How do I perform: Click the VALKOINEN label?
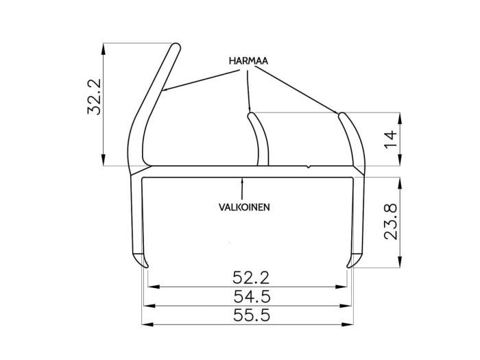[243, 206]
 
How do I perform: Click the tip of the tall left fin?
[176, 47]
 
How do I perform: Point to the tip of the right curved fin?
[341, 114]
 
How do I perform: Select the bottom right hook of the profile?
[353, 262]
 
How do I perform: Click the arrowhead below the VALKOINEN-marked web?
[243, 180]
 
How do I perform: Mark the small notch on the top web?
[311, 166]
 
